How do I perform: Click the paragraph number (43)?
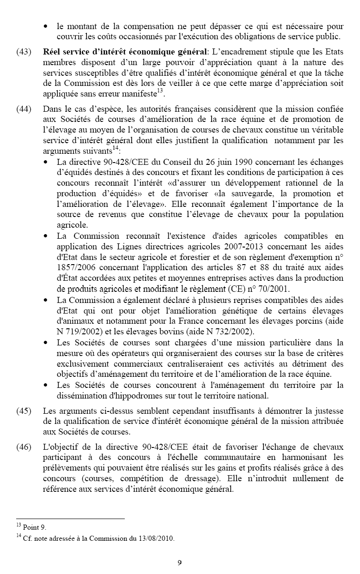pos(24,51)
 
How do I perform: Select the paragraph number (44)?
pos(24,109)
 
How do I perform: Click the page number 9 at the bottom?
pos(180,562)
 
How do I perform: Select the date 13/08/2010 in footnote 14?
pos(158,538)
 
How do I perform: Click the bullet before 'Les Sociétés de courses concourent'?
pos(46,385)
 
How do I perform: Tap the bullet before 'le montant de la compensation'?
pos(46,26)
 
